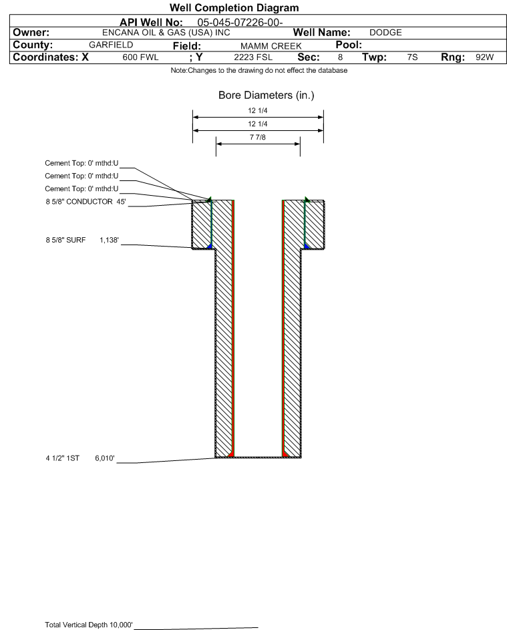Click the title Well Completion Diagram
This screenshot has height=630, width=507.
point(234,7)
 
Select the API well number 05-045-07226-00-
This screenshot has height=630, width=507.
point(240,23)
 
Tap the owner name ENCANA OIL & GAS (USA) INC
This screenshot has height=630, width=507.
point(166,33)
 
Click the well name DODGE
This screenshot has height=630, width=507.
point(385,33)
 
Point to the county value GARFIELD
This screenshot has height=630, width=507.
point(111,45)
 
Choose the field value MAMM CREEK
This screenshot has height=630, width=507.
point(271,46)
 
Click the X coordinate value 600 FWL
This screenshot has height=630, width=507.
point(140,57)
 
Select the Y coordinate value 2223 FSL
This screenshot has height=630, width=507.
point(253,57)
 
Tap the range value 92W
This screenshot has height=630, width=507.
point(484,57)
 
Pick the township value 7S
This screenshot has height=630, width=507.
point(412,57)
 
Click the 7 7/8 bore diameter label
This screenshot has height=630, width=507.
point(258,138)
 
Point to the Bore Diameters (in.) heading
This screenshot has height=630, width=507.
point(267,96)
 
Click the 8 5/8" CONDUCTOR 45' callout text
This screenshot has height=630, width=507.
point(86,202)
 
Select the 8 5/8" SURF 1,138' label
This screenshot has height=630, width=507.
point(82,241)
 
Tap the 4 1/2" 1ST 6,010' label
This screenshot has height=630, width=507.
point(80,458)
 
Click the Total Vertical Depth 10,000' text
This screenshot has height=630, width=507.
point(88,625)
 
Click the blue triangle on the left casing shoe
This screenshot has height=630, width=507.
point(209,246)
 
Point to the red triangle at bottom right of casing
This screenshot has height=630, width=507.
point(285,454)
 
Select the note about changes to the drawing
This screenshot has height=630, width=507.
point(259,71)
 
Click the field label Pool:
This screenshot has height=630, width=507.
point(349,45)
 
